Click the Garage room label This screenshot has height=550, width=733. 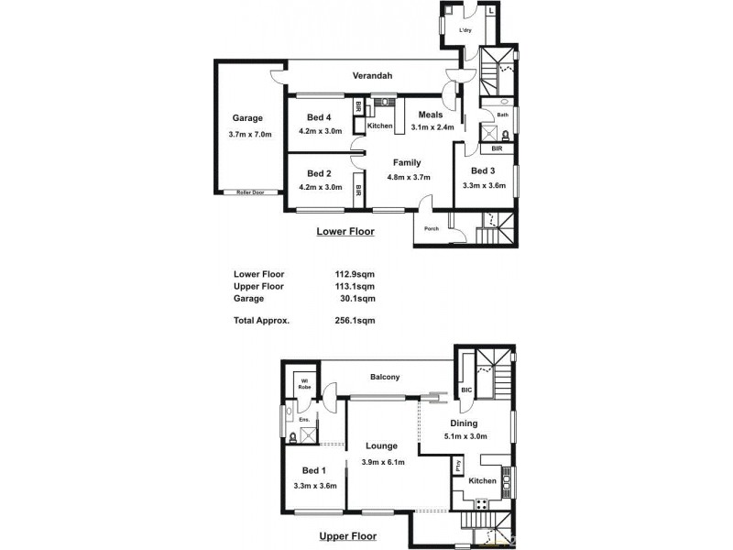pos(247,118)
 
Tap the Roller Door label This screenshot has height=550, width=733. pos(250,192)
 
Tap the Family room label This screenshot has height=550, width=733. pos(407,163)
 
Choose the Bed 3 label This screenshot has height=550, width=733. pos(483,171)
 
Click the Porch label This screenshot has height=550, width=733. pos(431,228)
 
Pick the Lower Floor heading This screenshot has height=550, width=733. pos(345,232)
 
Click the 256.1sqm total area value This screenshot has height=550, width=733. pos(356,321)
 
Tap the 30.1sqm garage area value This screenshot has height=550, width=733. pos(356,298)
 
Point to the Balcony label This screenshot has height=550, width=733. pos(385,377)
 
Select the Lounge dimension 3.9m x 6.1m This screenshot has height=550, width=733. pos(384,461)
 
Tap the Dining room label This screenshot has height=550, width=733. pos(464,423)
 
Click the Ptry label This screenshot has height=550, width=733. pos(458,467)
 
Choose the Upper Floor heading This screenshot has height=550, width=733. pos(347,536)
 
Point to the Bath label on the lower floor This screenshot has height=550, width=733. pos(503,115)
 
